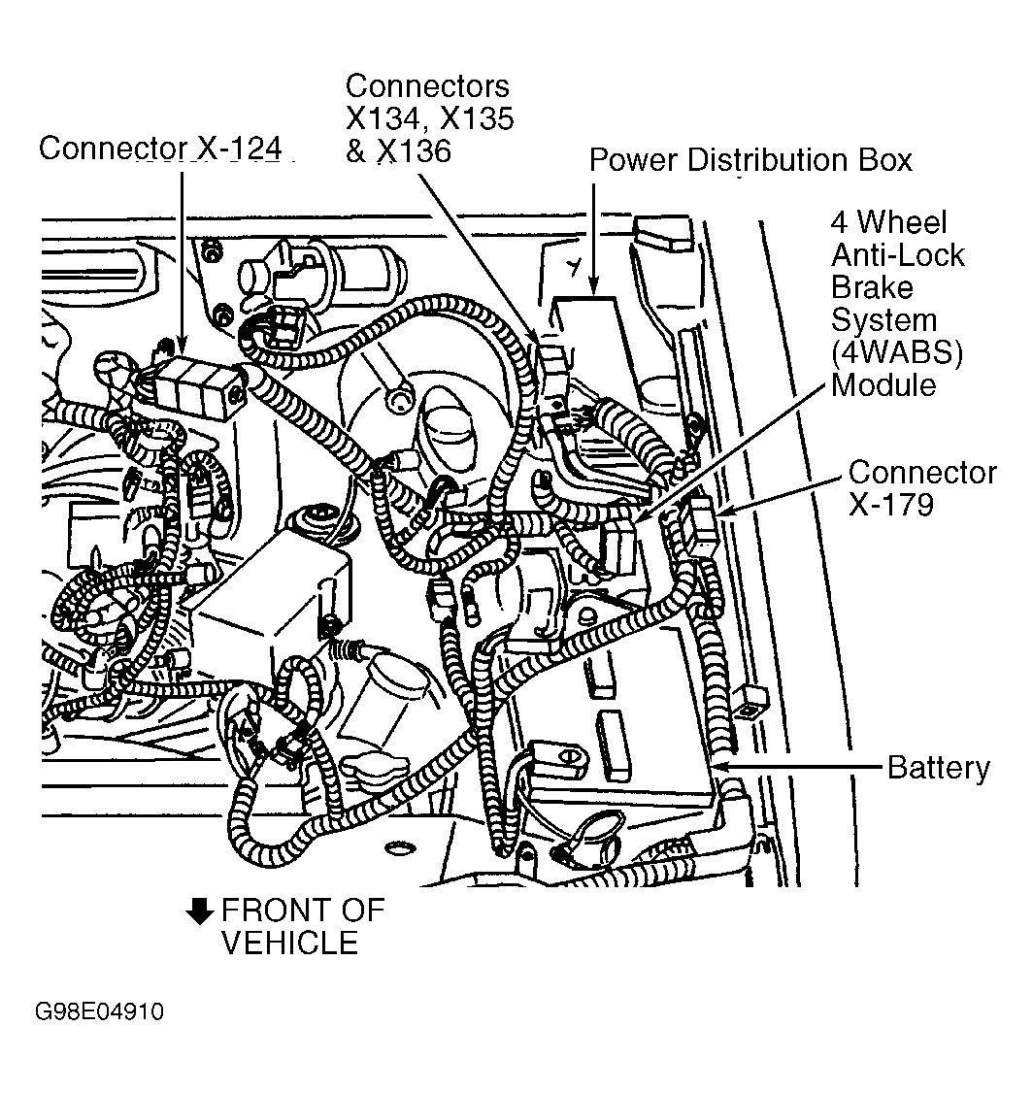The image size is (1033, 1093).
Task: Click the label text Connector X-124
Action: click(x=162, y=149)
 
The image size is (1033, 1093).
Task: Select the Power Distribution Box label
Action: click(x=750, y=159)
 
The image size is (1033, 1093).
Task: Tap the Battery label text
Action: click(x=938, y=768)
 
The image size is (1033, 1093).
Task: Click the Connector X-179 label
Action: click(x=921, y=488)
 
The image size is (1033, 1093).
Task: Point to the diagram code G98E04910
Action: click(x=100, y=1012)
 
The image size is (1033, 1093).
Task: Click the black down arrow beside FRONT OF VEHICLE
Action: click(x=200, y=911)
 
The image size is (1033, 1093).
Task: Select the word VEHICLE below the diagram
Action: click(x=289, y=943)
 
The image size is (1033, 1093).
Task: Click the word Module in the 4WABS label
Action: click(x=883, y=385)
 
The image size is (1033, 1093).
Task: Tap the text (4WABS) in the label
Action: click(x=896, y=353)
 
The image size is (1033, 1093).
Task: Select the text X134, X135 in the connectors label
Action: click(x=429, y=118)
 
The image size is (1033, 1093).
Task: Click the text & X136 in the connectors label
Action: click(x=398, y=151)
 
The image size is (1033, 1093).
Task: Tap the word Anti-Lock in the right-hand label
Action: click(x=897, y=255)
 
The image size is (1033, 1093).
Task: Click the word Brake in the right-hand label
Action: click(x=872, y=288)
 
